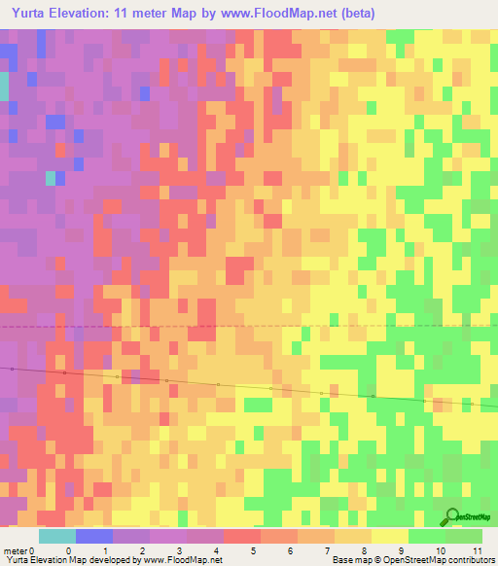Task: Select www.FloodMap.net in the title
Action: click(275, 13)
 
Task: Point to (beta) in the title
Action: click(359, 13)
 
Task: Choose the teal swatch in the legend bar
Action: click(57, 536)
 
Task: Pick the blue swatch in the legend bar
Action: click(94, 536)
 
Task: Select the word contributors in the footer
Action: click(469, 560)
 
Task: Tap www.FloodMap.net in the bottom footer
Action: click(182, 560)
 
